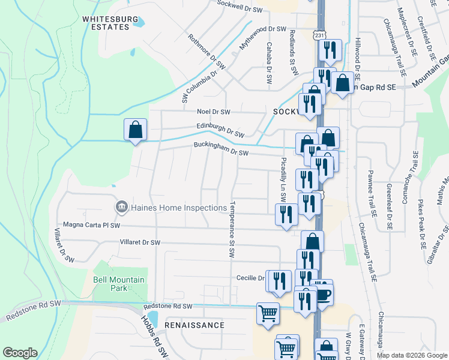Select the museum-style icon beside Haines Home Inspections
[x=120, y=208]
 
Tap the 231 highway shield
[x=319, y=35]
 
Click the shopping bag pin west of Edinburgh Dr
[x=135, y=130]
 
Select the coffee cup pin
[x=322, y=294]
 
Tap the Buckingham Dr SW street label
[x=220, y=149]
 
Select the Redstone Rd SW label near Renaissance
[x=167, y=306]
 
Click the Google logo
[x=20, y=353]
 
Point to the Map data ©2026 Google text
[x=412, y=355]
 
